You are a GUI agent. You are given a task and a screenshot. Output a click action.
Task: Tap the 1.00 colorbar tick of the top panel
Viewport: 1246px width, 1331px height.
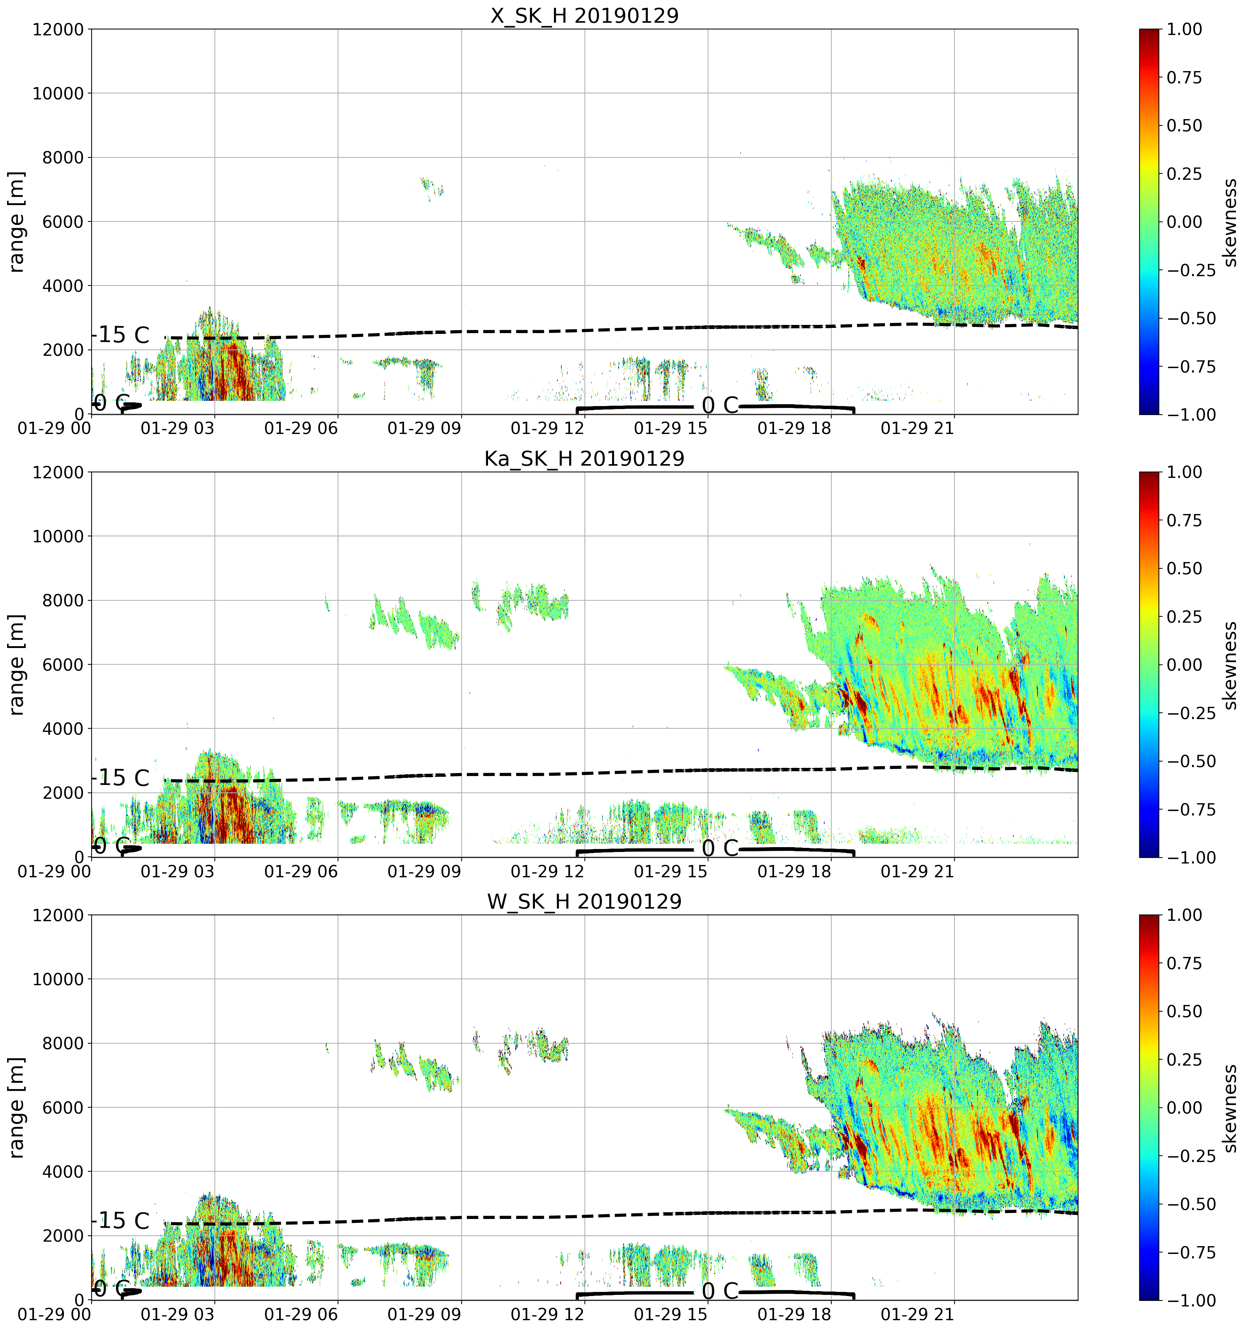(1185, 29)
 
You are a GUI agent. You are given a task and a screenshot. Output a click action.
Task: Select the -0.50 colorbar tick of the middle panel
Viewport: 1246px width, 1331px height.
(1191, 761)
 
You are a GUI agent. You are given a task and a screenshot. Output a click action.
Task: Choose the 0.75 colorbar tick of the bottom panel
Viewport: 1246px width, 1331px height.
(1185, 963)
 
